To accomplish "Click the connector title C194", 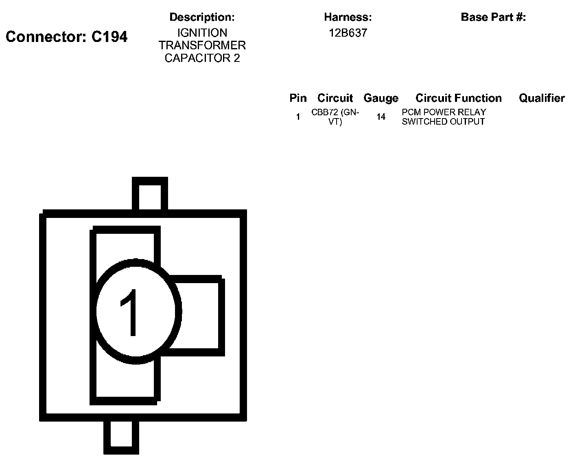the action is point(67,37).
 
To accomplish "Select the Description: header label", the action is point(202,17).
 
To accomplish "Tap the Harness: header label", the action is point(348,17).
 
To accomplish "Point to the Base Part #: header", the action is point(493,17).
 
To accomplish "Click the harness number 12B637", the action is point(348,33).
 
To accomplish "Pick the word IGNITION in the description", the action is point(202,33).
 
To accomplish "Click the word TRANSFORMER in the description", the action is point(202,45).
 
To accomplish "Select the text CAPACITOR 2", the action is point(202,58).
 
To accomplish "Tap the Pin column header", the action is point(298,98).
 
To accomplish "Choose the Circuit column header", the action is point(335,98).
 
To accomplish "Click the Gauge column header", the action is point(381,98).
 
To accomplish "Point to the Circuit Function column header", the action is point(459,98).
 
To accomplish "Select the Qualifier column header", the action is point(542,98).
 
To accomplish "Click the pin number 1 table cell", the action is point(298,117).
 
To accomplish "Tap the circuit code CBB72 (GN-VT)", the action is point(335,117).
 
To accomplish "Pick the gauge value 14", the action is point(381,117).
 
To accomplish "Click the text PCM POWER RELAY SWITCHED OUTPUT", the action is point(444,117).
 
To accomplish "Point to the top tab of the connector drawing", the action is point(150,194).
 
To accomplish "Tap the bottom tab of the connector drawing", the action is point(121,437).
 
